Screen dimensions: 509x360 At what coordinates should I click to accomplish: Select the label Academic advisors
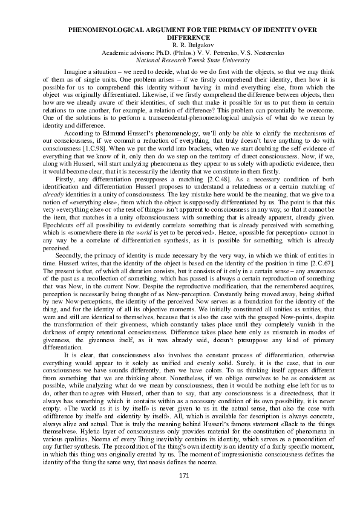[124, 53]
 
